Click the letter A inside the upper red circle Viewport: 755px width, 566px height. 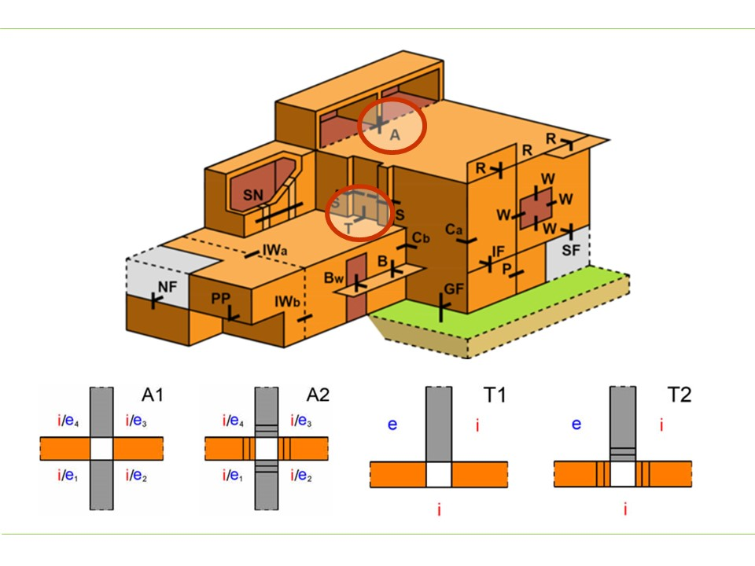(396, 135)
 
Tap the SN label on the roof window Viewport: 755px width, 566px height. (252, 193)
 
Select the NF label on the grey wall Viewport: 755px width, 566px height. (168, 289)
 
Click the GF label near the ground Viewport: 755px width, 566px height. (454, 289)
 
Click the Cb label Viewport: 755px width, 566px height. (421, 238)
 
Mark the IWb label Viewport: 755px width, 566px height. (285, 301)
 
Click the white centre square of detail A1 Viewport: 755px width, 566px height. (103, 449)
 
